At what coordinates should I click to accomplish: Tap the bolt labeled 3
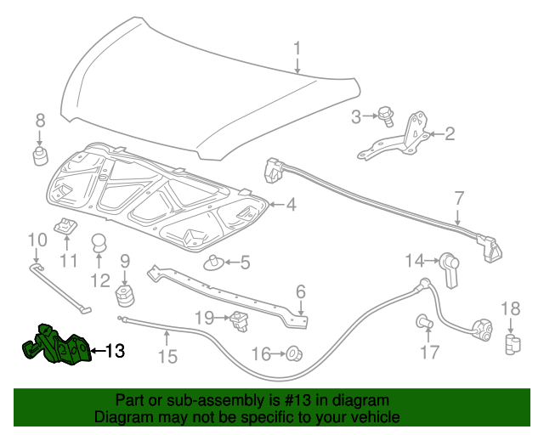385,116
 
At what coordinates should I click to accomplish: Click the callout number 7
459,198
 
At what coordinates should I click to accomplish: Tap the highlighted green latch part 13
56,348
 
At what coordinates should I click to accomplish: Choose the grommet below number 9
126,298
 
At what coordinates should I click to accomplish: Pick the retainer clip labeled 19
238,320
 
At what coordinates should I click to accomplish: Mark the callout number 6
300,292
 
